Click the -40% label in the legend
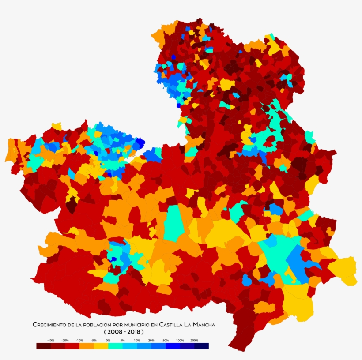51,341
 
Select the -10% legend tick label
79,341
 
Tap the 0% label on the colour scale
108,341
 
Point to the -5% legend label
94,341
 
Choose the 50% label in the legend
166,341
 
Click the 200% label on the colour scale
194,341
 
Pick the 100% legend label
180,341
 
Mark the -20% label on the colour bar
65,341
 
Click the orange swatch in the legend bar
87,346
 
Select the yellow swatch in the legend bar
101,346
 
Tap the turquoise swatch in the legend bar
115,346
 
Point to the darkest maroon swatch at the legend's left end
43,346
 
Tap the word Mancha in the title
204,325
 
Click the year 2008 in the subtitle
114,331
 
